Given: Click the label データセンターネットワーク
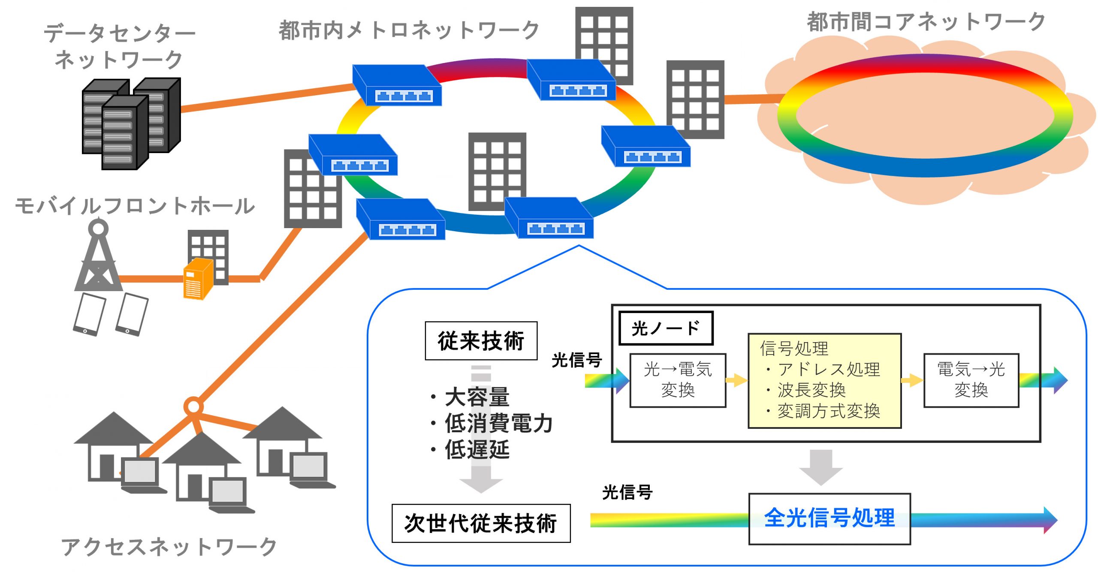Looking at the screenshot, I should [x=119, y=46].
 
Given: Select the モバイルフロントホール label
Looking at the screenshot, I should [x=135, y=206].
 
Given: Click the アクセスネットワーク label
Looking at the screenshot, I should [x=169, y=547].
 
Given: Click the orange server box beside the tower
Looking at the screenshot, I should [x=197, y=279].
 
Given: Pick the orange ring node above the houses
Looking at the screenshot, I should [x=193, y=406].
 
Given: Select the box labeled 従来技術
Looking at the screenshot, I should [x=481, y=341].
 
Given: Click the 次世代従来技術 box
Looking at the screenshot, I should [x=481, y=524].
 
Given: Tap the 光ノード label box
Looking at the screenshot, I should [x=666, y=328].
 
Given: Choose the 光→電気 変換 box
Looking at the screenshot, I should [x=678, y=380].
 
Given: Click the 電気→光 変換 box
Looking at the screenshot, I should [x=971, y=380].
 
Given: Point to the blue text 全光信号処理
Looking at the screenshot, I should [x=830, y=518].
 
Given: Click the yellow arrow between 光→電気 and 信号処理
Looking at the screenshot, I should [x=736, y=380].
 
